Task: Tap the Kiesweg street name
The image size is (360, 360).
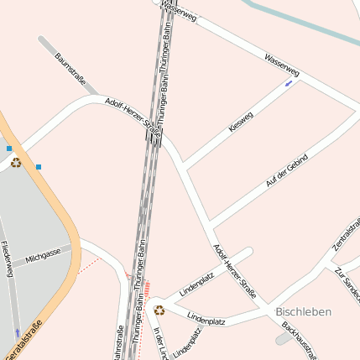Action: pos(241,123)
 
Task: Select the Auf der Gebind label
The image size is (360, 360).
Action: pos(287,170)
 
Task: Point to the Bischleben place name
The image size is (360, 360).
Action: pos(303,311)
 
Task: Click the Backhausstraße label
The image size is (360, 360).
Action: pos(300,340)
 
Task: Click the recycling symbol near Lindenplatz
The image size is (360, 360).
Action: pos(159,310)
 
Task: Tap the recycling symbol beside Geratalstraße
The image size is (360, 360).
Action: pos(16,162)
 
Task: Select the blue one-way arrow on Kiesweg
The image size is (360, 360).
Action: pos(289,83)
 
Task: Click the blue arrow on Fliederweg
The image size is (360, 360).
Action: pos(17,332)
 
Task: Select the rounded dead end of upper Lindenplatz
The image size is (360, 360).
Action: pos(248,250)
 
